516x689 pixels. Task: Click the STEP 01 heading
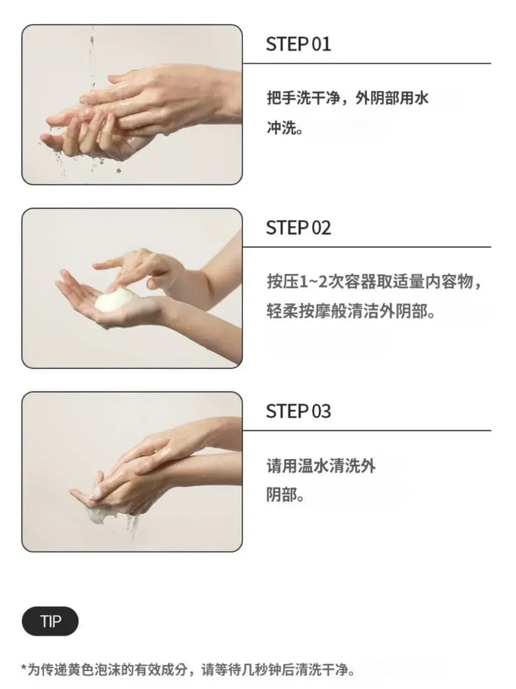298,44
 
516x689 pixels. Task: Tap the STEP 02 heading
298,228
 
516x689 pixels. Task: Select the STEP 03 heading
298,411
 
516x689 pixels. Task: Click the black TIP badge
50,621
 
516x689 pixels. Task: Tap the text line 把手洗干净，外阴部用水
347,98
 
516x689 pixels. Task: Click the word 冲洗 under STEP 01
281,128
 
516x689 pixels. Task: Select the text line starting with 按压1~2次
373,281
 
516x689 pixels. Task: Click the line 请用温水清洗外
321,465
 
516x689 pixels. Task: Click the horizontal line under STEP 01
366,64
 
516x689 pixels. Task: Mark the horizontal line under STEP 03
366,430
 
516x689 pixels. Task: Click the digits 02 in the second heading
321,228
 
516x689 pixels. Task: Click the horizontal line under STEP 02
366,247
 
